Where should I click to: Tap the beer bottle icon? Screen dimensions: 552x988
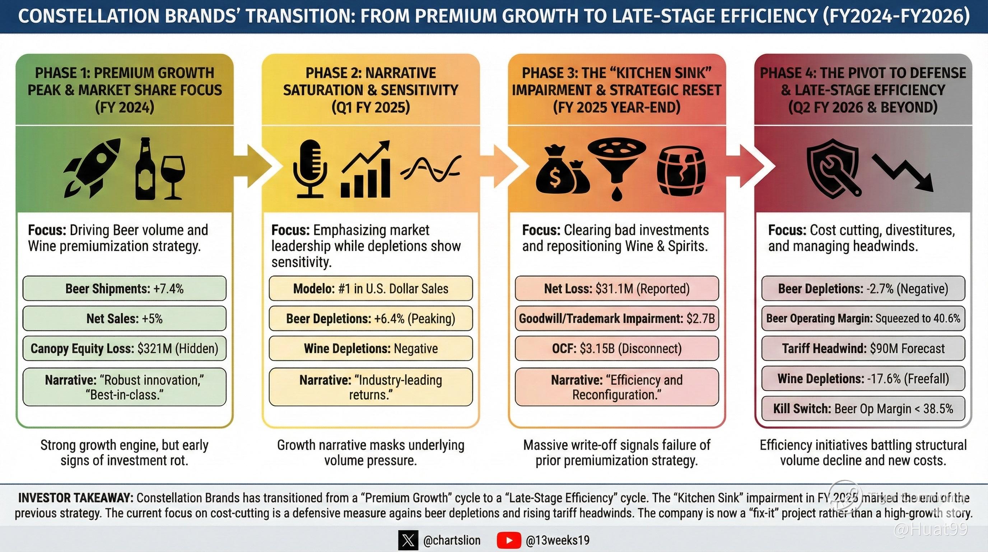[146, 169]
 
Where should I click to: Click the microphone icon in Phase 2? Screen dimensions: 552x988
[310, 169]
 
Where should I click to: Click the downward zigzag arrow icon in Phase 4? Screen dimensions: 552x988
[903, 173]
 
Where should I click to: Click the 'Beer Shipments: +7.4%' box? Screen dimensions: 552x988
[124, 289]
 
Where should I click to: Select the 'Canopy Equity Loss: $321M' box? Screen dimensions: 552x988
[124, 349]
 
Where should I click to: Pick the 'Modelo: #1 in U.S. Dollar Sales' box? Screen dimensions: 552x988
[370, 289]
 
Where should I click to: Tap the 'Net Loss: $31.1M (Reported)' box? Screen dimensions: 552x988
[617, 289]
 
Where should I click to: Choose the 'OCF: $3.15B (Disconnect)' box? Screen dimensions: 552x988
[617, 349]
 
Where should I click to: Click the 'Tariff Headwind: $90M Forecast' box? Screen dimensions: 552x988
[863, 349]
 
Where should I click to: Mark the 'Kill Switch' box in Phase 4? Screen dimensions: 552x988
[863, 409]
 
